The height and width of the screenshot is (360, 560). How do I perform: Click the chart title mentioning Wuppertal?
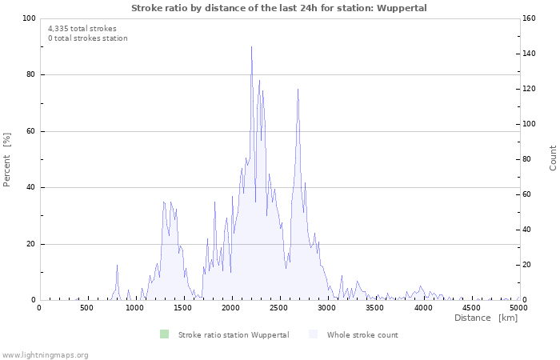(279, 8)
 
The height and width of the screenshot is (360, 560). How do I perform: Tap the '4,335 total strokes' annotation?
(82, 29)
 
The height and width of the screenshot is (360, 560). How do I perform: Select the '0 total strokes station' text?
(87, 38)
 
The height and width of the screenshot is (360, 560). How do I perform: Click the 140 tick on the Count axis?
(530, 54)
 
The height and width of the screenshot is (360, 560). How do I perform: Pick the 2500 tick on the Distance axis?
(279, 308)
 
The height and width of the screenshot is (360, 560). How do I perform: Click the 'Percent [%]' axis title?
(7, 160)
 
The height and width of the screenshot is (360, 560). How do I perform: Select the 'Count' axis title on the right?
(553, 158)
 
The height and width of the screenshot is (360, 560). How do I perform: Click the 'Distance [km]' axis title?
(486, 318)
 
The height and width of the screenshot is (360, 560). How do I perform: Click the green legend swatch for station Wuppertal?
(164, 334)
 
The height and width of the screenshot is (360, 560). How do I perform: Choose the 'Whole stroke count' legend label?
(362, 335)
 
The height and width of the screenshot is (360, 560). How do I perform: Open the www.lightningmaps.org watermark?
(45, 355)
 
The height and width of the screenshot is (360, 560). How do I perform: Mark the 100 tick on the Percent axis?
(29, 18)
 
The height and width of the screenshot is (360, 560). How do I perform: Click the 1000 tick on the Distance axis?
(135, 308)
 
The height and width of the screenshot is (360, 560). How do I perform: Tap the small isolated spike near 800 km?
(117, 266)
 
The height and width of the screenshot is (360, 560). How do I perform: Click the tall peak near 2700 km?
(298, 90)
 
